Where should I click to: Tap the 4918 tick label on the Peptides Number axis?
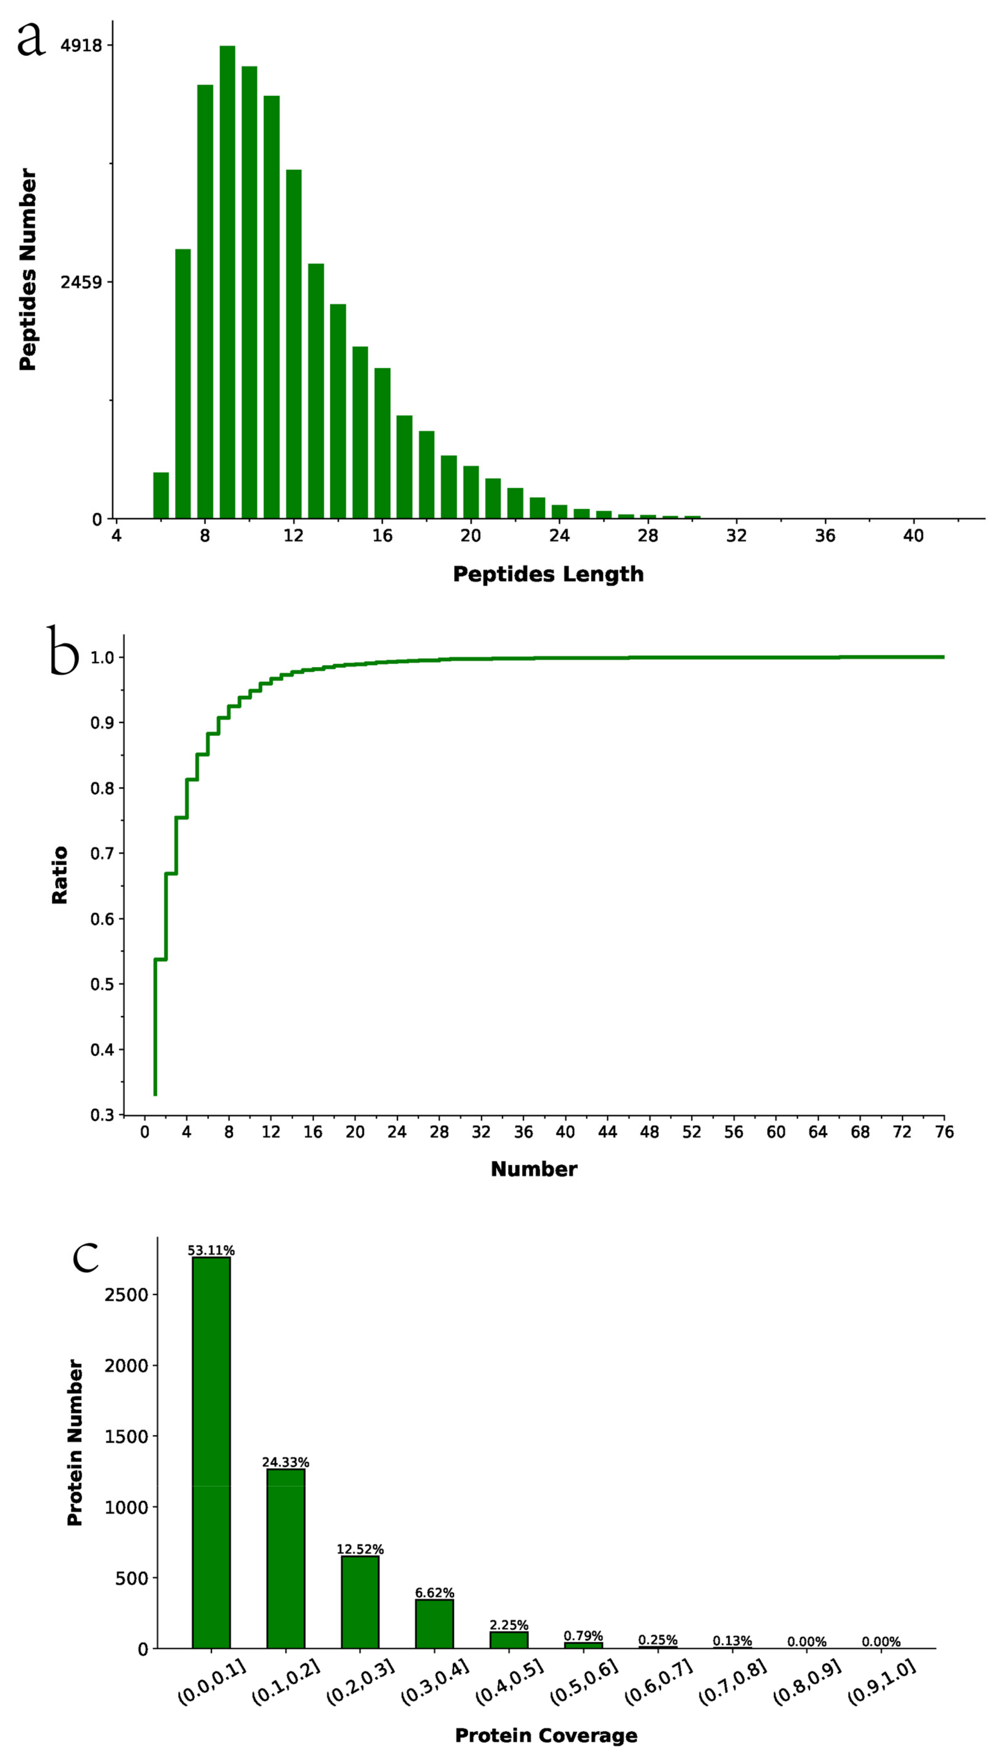point(81,45)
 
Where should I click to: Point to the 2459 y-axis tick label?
point(81,282)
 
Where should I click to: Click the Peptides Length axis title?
point(548,574)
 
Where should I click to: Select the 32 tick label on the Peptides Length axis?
point(737,536)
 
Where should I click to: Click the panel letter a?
point(31,40)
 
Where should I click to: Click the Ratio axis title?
point(60,875)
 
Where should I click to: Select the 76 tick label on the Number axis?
point(944,1132)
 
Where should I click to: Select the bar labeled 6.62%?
point(434,1623)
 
